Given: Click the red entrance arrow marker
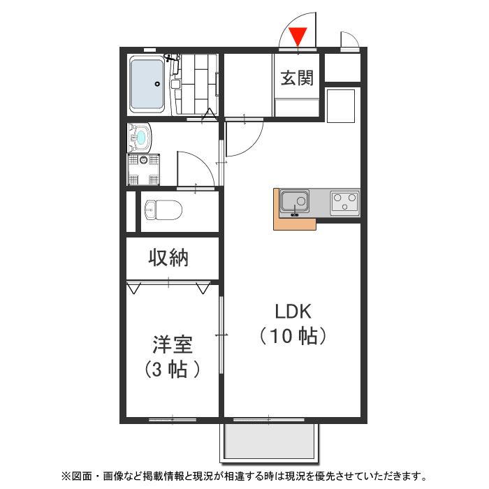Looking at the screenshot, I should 298,35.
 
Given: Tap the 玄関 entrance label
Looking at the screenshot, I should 297,78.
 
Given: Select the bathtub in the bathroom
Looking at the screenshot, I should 147,85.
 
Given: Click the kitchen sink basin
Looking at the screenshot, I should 293,203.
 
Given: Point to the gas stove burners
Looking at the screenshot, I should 344,203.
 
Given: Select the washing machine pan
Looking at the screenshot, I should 144,168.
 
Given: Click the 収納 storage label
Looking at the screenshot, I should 168,258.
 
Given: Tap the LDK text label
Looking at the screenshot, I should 292,311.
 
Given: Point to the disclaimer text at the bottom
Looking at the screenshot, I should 244,476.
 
